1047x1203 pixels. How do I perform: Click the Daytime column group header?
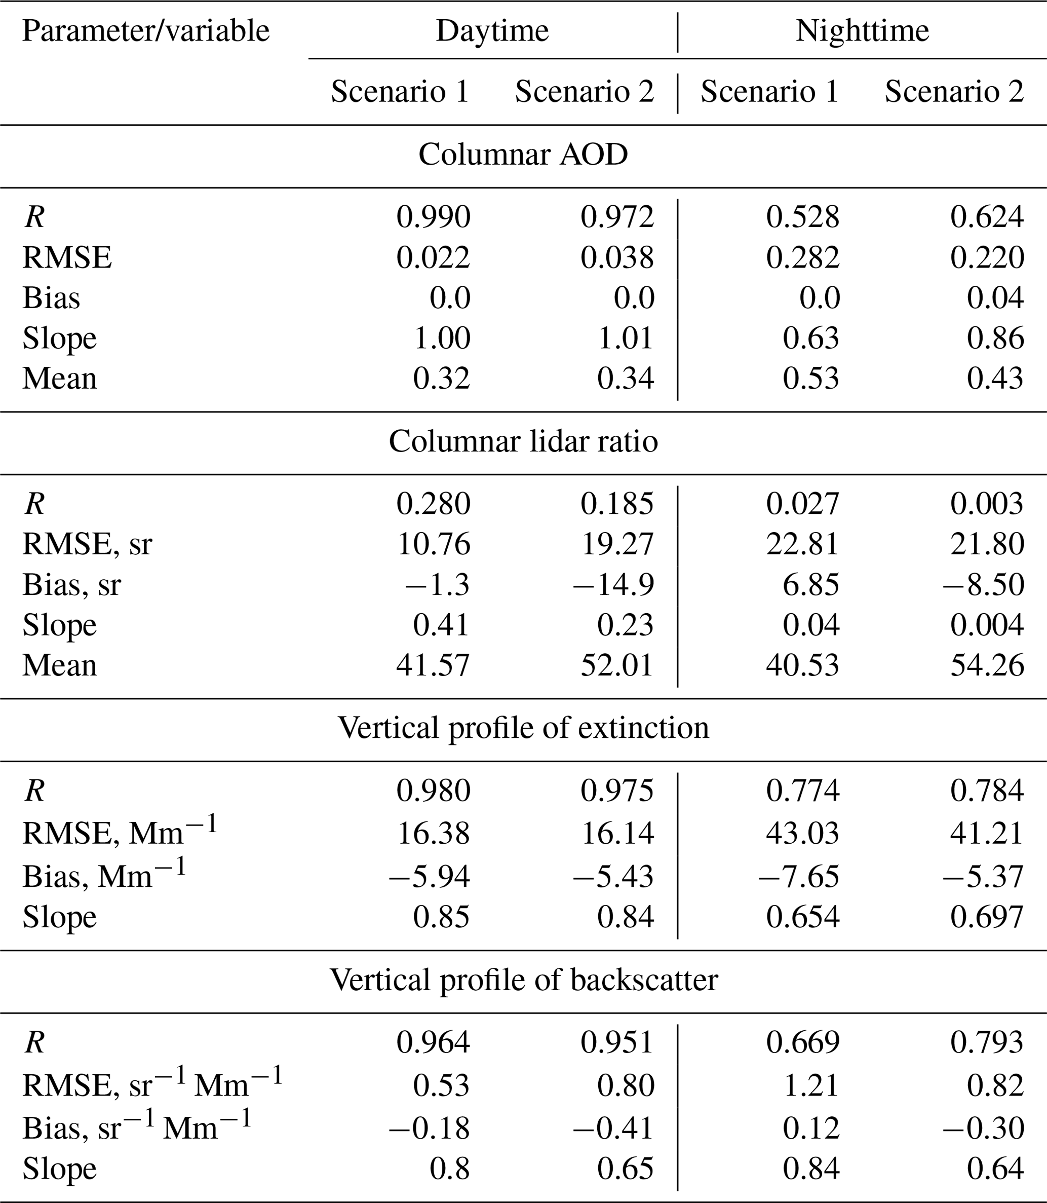[x=492, y=31]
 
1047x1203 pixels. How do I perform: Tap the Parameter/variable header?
[x=146, y=31]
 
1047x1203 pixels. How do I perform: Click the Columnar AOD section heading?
[x=523, y=155]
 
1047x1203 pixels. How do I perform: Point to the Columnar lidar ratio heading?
[x=523, y=441]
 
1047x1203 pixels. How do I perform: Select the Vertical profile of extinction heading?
[x=523, y=728]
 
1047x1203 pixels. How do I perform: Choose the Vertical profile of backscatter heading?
[x=523, y=980]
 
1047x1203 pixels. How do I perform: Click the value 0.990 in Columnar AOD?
[x=433, y=217]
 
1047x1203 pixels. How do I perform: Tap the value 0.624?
[x=987, y=217]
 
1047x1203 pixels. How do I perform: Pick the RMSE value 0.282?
[x=803, y=257]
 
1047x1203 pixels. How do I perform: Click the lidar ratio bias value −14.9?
[x=613, y=585]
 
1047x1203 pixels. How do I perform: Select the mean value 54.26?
[x=987, y=665]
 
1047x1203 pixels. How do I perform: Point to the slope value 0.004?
[x=987, y=625]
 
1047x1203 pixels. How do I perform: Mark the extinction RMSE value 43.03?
[x=803, y=833]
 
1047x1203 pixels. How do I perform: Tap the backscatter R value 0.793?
[x=987, y=1042]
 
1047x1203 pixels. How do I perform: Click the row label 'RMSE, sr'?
[x=87, y=544]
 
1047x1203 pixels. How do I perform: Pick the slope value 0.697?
[x=987, y=917]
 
